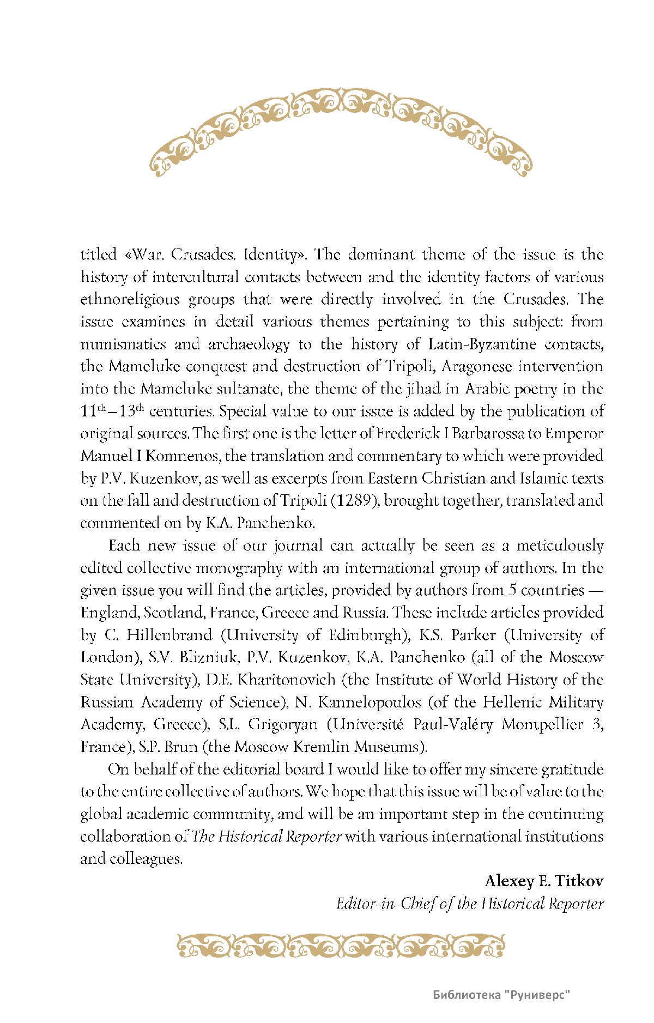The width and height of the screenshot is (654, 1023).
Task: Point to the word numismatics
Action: tap(123, 344)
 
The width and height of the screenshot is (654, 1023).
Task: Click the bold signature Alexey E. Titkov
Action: tap(544, 881)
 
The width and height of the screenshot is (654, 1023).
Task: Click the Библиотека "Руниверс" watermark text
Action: tap(501, 995)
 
